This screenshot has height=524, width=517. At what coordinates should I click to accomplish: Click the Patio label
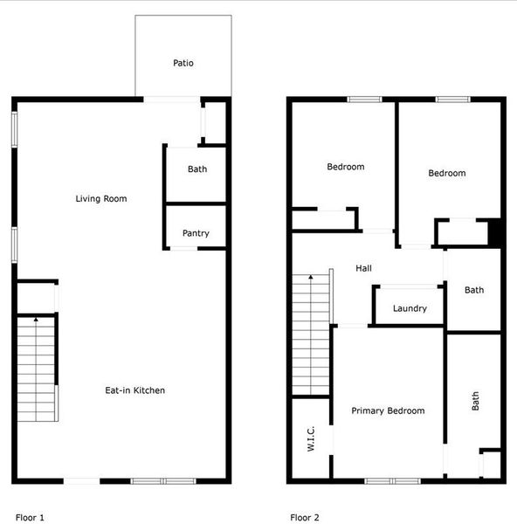(x=183, y=63)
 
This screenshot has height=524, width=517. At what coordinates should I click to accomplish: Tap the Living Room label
(x=100, y=199)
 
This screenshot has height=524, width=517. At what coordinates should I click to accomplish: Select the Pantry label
(x=196, y=233)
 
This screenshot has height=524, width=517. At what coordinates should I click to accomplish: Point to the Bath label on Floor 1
(x=197, y=169)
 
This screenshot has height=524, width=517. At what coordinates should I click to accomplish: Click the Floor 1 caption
(x=30, y=517)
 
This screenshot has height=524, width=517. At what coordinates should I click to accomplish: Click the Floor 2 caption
(x=305, y=517)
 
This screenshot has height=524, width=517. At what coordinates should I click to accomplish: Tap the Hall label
(x=363, y=268)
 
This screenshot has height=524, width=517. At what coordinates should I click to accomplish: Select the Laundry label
(x=410, y=308)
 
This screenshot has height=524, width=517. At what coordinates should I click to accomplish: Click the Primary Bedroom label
(x=388, y=410)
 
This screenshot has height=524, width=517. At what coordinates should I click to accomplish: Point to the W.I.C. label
(x=311, y=436)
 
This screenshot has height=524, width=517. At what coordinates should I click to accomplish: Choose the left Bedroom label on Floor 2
(x=346, y=167)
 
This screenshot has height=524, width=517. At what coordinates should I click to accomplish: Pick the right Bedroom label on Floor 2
(x=446, y=173)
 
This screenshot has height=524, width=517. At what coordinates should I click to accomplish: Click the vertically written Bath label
(x=476, y=401)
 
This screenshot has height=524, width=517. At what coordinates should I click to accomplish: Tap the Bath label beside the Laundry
(x=474, y=290)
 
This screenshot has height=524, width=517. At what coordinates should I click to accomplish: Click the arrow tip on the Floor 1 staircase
(x=36, y=320)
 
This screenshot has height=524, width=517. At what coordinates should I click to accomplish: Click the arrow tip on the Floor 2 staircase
(x=310, y=276)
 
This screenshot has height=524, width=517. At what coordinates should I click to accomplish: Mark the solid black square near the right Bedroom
(x=495, y=232)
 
